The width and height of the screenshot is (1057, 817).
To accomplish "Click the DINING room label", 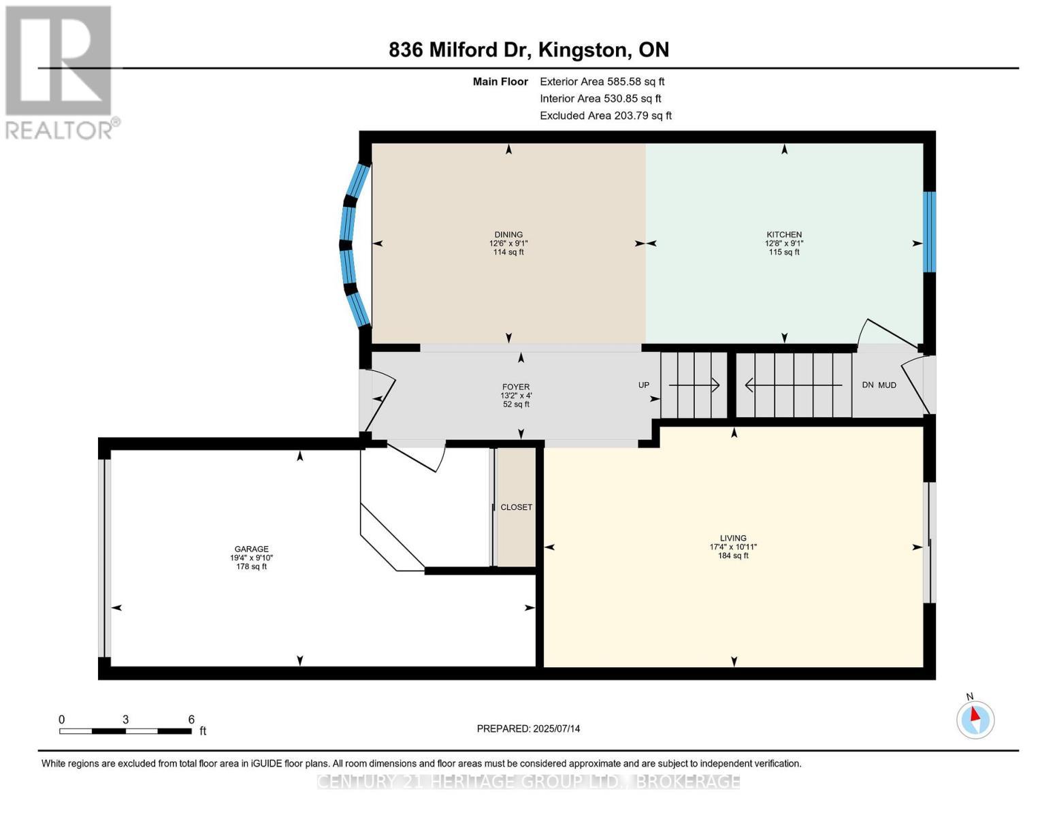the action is [508, 234].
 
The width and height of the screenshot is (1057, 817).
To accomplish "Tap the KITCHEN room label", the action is [783, 234].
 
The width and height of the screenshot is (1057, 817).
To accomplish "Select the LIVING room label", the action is [732, 538].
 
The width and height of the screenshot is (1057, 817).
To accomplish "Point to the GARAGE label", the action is [251, 549].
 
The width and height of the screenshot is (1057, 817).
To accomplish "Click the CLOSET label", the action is [516, 507].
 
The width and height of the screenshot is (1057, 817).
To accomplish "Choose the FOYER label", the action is [516, 387].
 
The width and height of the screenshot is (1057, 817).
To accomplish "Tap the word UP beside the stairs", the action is [643, 385].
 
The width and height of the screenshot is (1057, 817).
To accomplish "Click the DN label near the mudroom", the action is [867, 385].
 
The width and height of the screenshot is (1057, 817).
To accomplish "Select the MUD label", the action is [887, 385].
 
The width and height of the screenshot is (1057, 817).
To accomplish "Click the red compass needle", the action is [975, 714].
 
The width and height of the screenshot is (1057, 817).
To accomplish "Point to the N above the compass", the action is [969, 696].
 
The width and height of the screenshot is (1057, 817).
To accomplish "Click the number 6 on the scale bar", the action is [191, 719].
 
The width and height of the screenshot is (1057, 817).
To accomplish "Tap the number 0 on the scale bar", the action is [61, 719].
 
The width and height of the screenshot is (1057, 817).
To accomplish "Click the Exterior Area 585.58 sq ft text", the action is [602, 82].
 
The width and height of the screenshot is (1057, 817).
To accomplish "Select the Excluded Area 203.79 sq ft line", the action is [606, 116].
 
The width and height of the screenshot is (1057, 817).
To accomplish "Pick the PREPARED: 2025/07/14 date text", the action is [527, 728].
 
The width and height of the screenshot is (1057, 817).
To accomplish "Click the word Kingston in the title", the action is [582, 50].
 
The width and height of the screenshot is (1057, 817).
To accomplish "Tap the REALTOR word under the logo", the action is [59, 131].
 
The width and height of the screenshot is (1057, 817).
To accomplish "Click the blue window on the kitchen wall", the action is [928, 231].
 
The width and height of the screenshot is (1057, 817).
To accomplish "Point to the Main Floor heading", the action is [500, 82].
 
